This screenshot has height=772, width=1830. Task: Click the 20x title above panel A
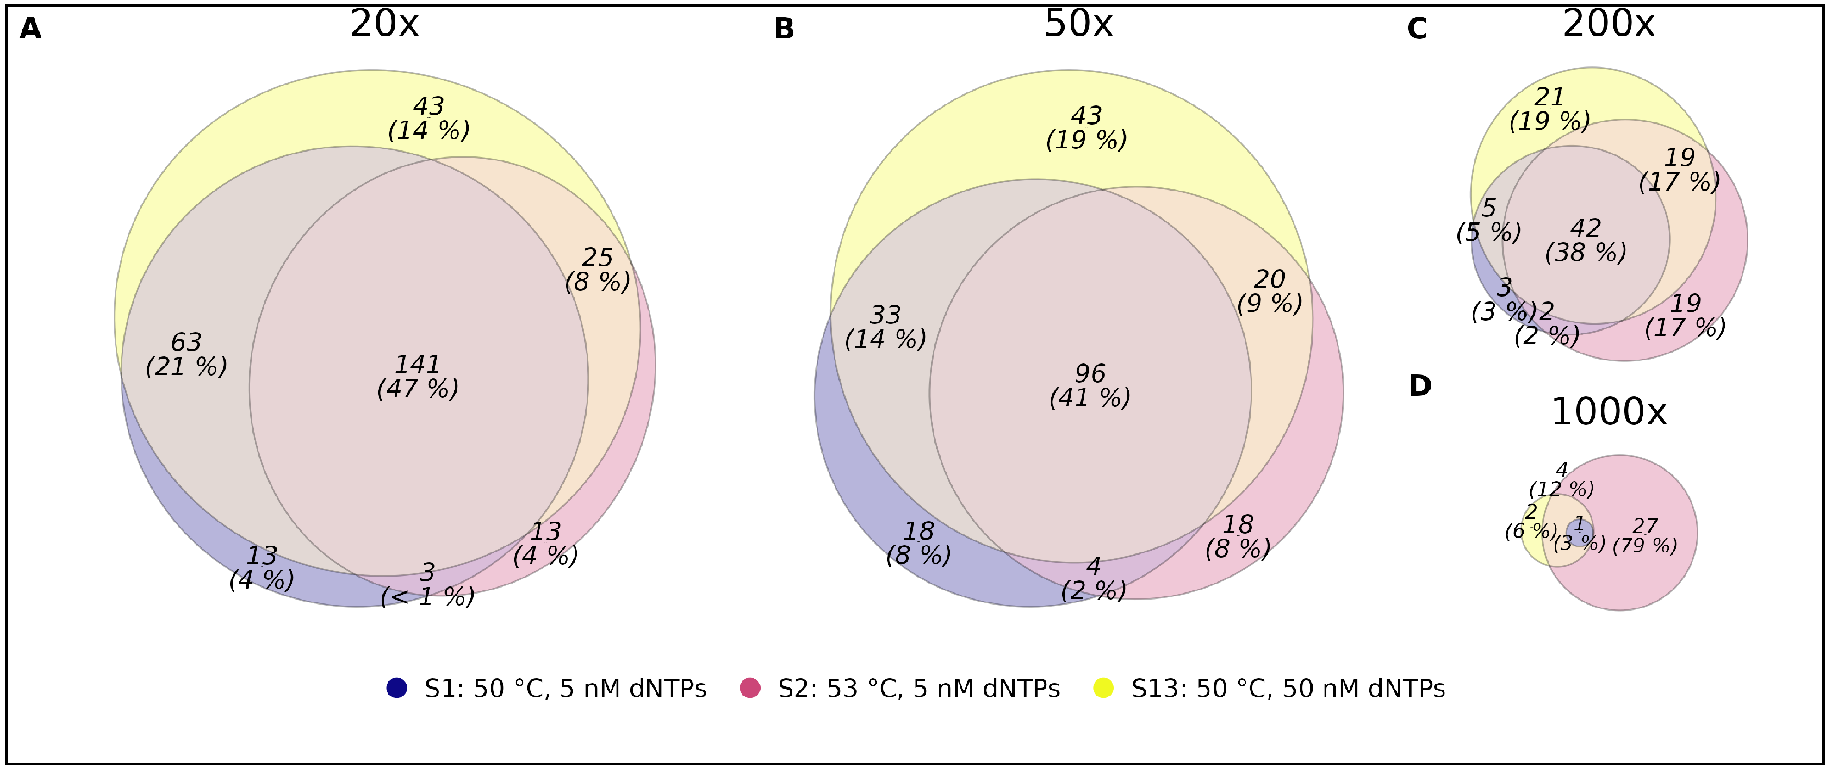tap(384, 25)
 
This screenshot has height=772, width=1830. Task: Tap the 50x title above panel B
tap(1078, 25)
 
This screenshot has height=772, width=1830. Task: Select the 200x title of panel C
tap(1608, 25)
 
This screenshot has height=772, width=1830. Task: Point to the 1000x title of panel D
tap(1608, 412)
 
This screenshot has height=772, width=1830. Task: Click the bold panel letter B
tap(784, 29)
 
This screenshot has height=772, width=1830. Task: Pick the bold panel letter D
tap(1420, 386)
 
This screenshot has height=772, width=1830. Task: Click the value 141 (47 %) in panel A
tap(418, 376)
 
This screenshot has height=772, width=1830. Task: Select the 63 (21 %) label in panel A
tap(186, 354)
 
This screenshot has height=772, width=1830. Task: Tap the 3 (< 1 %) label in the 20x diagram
tap(427, 584)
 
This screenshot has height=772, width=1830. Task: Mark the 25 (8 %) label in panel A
tap(598, 270)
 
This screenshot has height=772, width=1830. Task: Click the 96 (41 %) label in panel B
tap(1090, 385)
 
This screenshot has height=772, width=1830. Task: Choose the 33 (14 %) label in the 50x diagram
tap(885, 327)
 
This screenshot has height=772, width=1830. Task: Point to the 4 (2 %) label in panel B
tap(1093, 578)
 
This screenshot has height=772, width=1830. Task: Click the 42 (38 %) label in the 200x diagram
tap(1586, 240)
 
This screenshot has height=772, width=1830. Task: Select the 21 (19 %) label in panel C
tap(1550, 109)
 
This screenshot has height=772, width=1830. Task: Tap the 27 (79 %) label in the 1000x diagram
tap(1645, 535)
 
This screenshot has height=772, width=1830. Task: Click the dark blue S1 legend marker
tap(396, 688)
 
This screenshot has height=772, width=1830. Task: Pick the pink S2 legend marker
tap(750, 688)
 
